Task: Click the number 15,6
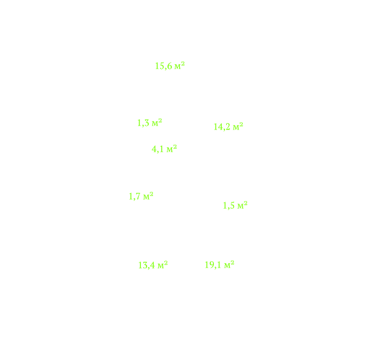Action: (163, 66)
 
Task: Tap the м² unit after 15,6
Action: (180, 65)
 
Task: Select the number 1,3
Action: (143, 123)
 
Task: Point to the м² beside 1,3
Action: (157, 122)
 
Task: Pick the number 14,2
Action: (222, 127)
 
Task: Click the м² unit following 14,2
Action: (238, 126)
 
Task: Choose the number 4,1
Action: (158, 149)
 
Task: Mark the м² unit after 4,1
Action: (172, 149)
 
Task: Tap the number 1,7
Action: (135, 196)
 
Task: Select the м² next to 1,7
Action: (148, 196)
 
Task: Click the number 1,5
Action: (229, 206)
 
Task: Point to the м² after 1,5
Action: (243, 206)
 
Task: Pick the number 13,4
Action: (146, 266)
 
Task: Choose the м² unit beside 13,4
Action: (163, 264)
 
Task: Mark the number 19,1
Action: (213, 265)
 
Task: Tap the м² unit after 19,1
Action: (230, 264)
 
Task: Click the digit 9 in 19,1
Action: (211, 264)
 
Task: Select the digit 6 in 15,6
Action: (170, 66)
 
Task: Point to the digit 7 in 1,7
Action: (138, 196)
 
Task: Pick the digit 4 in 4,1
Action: (154, 149)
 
